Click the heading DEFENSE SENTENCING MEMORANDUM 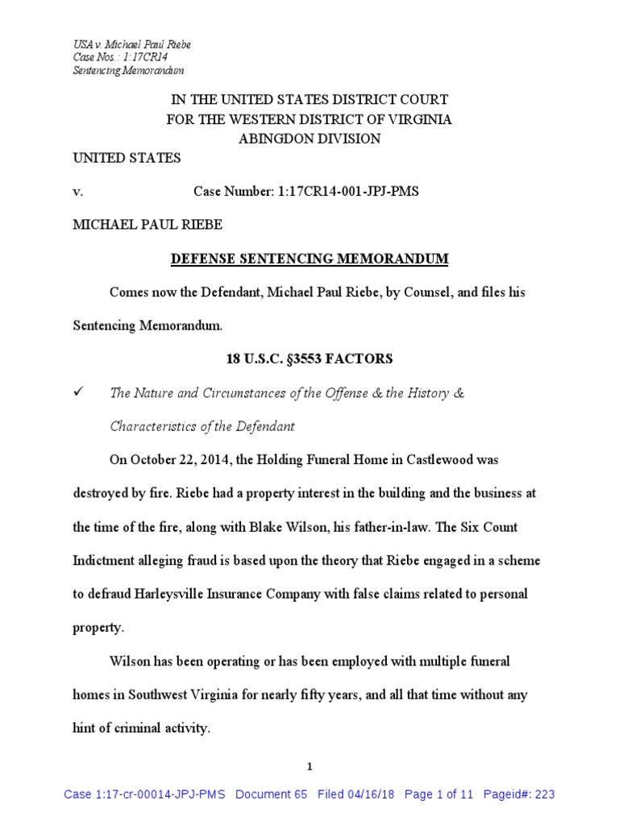309,259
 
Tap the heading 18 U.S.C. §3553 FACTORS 309,359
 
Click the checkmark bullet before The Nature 78,392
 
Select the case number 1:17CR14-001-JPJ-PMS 306,192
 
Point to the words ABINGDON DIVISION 309,139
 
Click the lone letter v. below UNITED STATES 77,192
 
